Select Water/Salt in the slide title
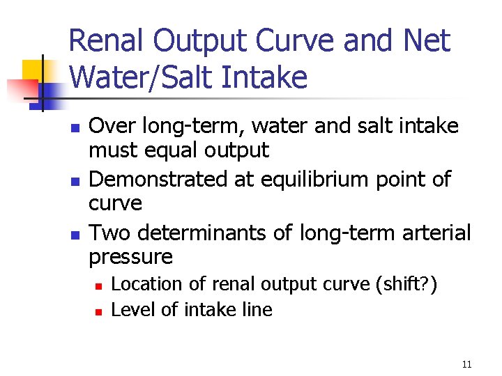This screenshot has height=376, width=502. tap(146, 77)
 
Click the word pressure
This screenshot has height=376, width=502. tap(130, 257)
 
